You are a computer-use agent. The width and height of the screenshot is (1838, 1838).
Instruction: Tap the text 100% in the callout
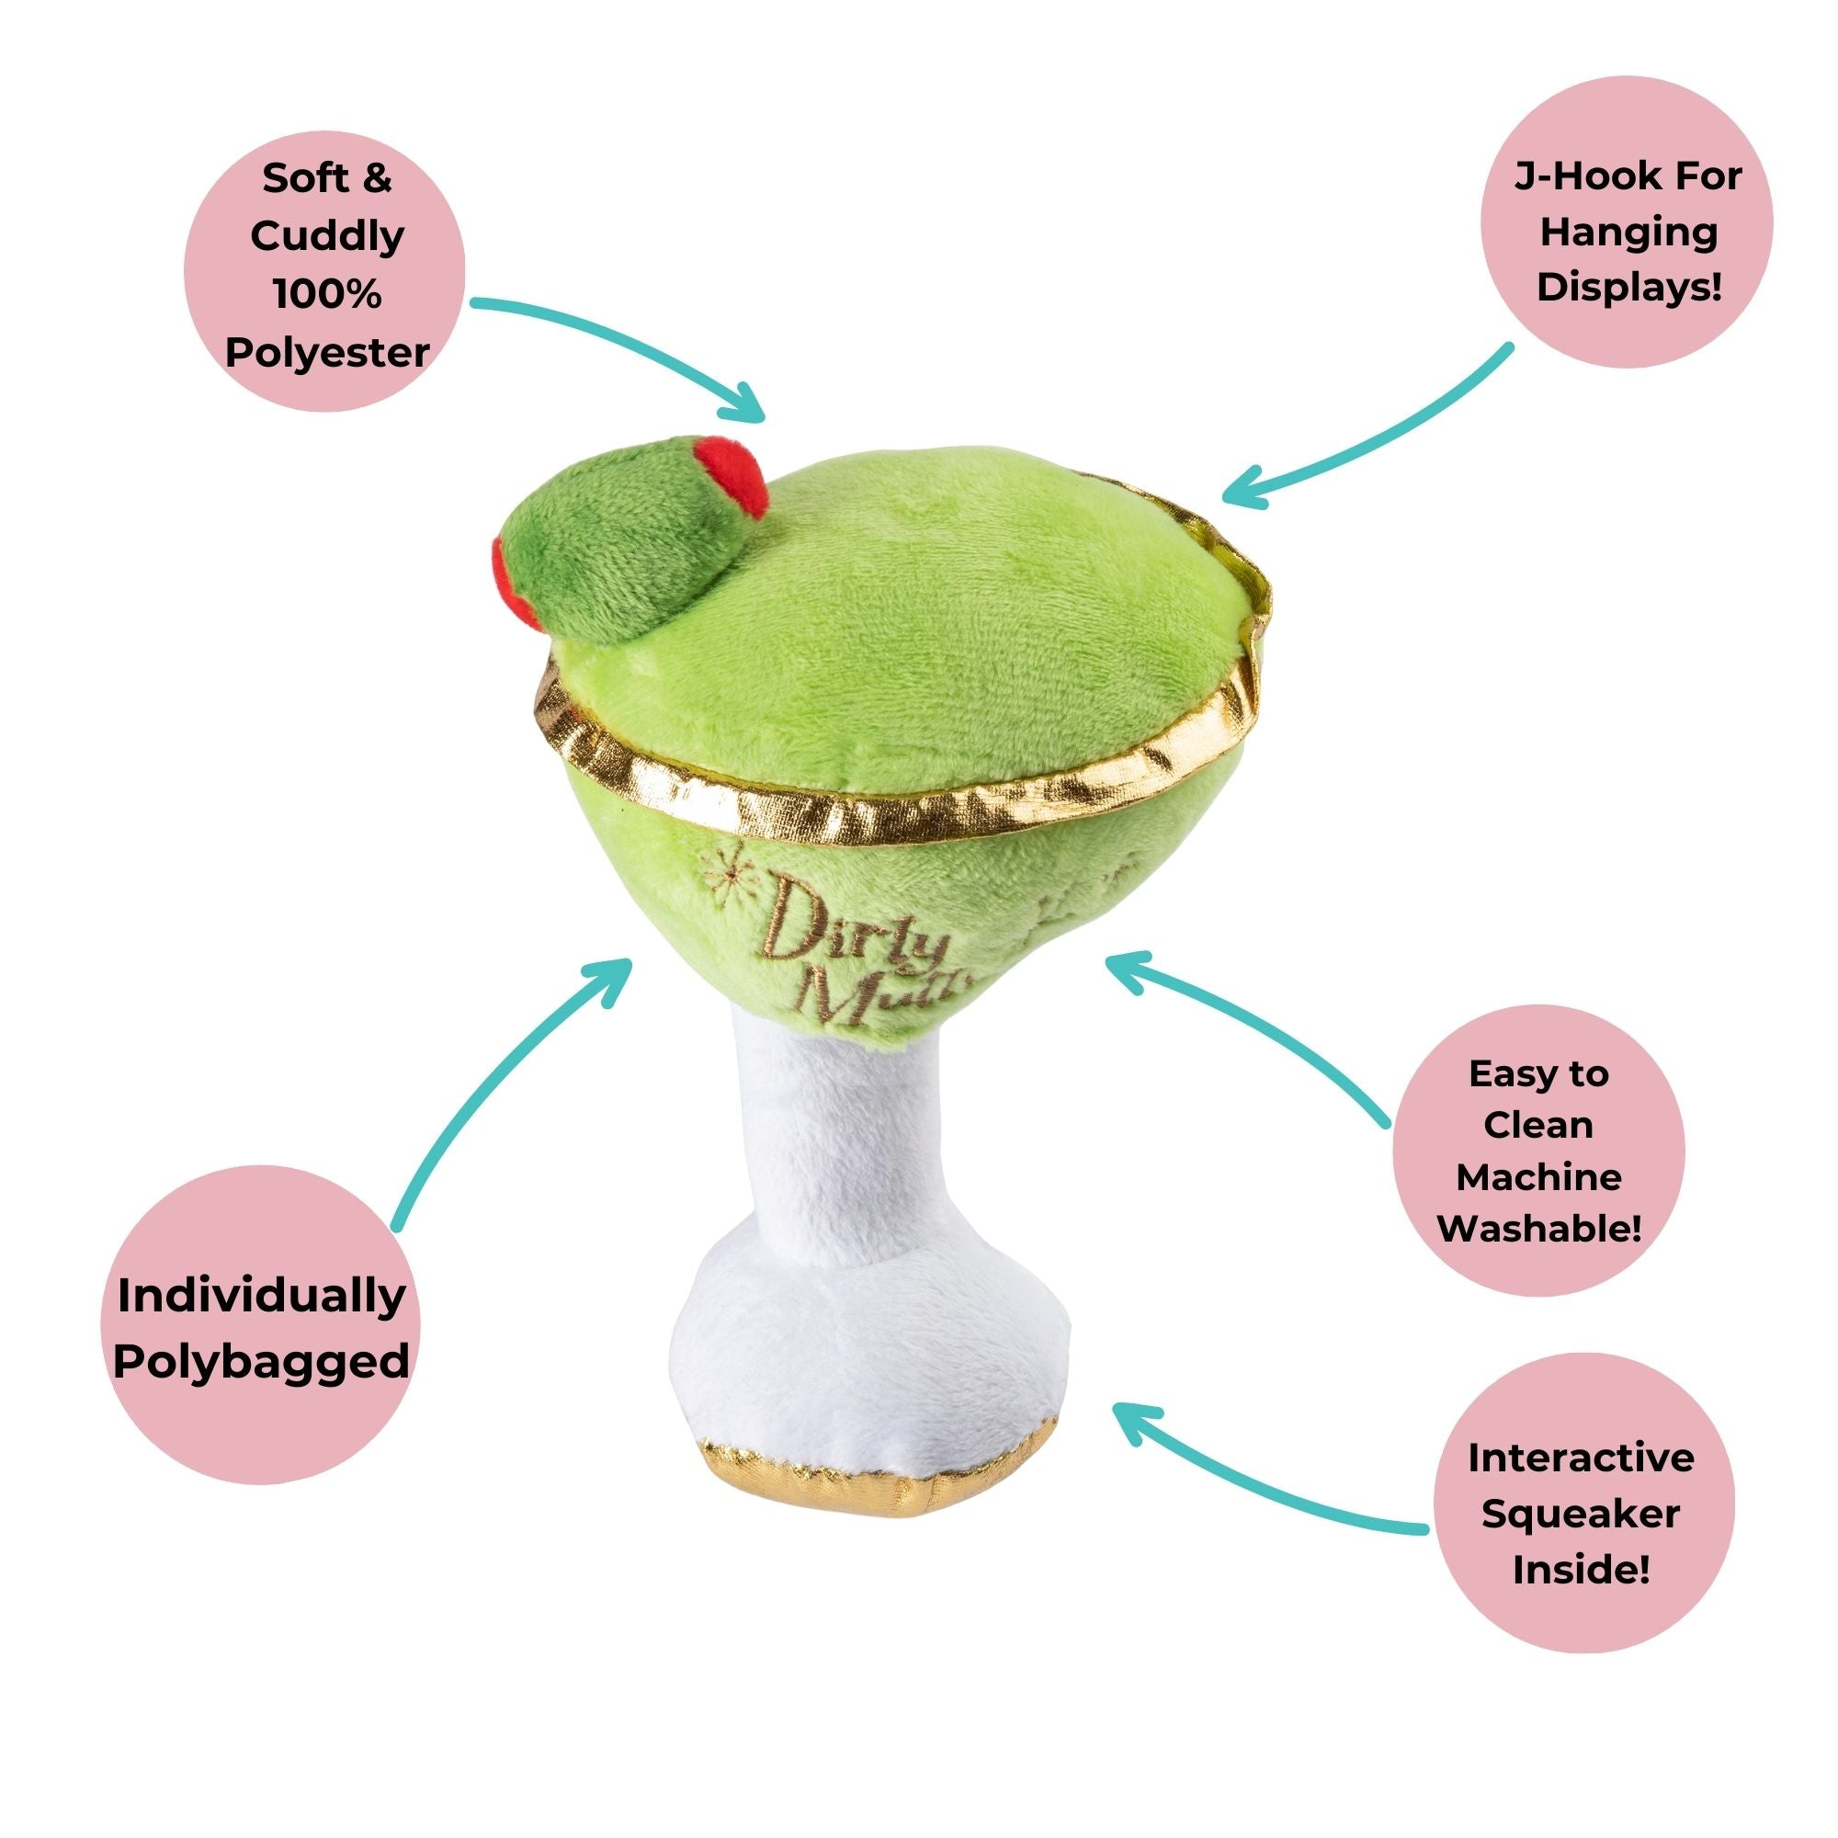coord(327,294)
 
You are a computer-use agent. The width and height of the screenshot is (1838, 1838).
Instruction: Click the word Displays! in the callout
coord(1628,287)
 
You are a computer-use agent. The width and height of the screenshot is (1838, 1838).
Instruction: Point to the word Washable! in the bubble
coord(1538,1227)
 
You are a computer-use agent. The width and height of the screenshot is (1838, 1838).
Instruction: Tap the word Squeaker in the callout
coord(1580,1513)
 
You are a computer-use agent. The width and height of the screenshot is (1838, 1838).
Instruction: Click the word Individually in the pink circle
coord(261,1298)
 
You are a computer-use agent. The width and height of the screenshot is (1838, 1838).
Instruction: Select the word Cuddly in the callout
coord(327,237)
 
